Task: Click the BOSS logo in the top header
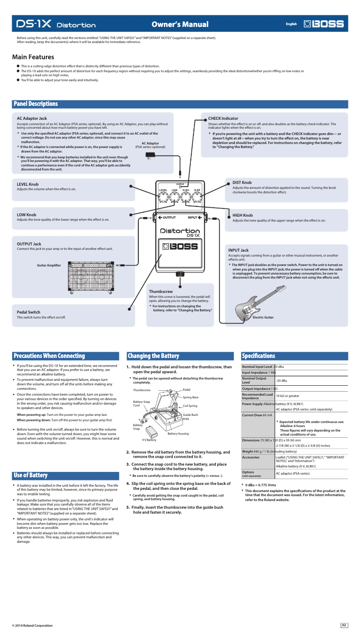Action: tap(324, 24)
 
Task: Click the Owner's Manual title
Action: tap(180, 24)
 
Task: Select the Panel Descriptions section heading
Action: tap(36, 104)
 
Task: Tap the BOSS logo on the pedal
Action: tap(180, 246)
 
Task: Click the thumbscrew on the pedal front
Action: tap(180, 274)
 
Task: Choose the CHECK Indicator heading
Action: tap(223, 118)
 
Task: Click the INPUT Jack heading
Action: tap(238, 250)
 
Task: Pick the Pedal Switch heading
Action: tap(28, 312)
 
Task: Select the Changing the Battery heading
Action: tap(153, 356)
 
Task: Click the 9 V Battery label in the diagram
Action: tap(149, 440)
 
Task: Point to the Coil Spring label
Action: tap(190, 406)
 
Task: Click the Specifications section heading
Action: tap(259, 356)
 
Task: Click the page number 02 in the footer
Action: tap(344, 625)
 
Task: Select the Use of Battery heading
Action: tap(31, 475)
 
